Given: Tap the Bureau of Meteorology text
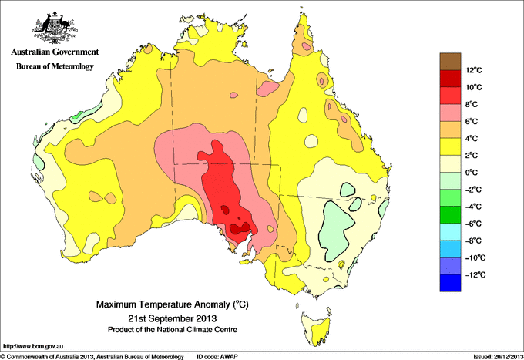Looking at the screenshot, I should (54, 67).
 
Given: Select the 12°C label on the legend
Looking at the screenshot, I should (474, 70).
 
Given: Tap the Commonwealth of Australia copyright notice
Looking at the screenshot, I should (92, 356).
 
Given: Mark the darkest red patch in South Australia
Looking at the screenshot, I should (240, 227).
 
